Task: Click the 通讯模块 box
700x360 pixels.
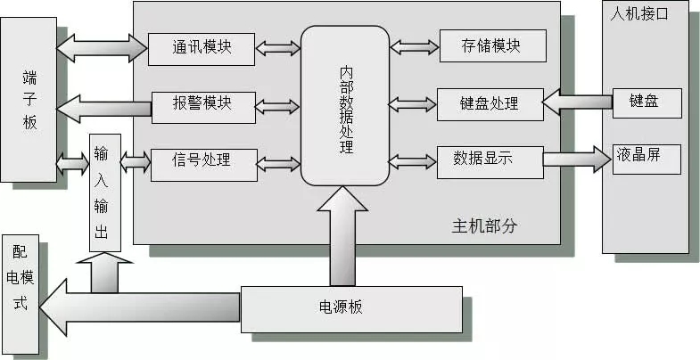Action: (202, 47)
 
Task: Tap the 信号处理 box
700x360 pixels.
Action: (202, 161)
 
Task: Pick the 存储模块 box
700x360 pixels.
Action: (491, 45)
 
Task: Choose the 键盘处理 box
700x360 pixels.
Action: (490, 103)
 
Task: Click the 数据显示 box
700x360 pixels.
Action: (490, 161)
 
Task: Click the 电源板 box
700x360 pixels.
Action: (351, 308)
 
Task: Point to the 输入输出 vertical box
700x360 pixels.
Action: (103, 194)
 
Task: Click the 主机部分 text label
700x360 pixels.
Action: (484, 226)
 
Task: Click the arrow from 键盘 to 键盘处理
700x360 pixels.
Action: (577, 102)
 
